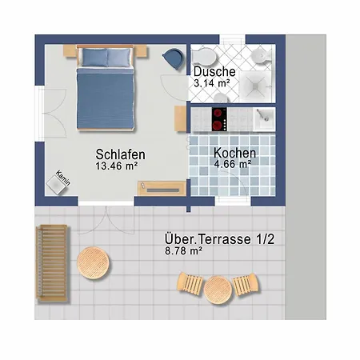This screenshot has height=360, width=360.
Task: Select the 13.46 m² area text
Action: point(117,166)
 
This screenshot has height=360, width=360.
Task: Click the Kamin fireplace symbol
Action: point(62,181)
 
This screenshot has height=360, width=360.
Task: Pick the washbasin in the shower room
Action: point(260,55)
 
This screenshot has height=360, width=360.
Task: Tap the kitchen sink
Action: point(263,118)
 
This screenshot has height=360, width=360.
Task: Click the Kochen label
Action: point(234,152)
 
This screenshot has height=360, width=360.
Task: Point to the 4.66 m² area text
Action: point(233,164)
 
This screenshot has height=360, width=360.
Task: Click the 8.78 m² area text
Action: point(183,250)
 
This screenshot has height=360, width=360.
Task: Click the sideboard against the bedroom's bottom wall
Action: point(162,188)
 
